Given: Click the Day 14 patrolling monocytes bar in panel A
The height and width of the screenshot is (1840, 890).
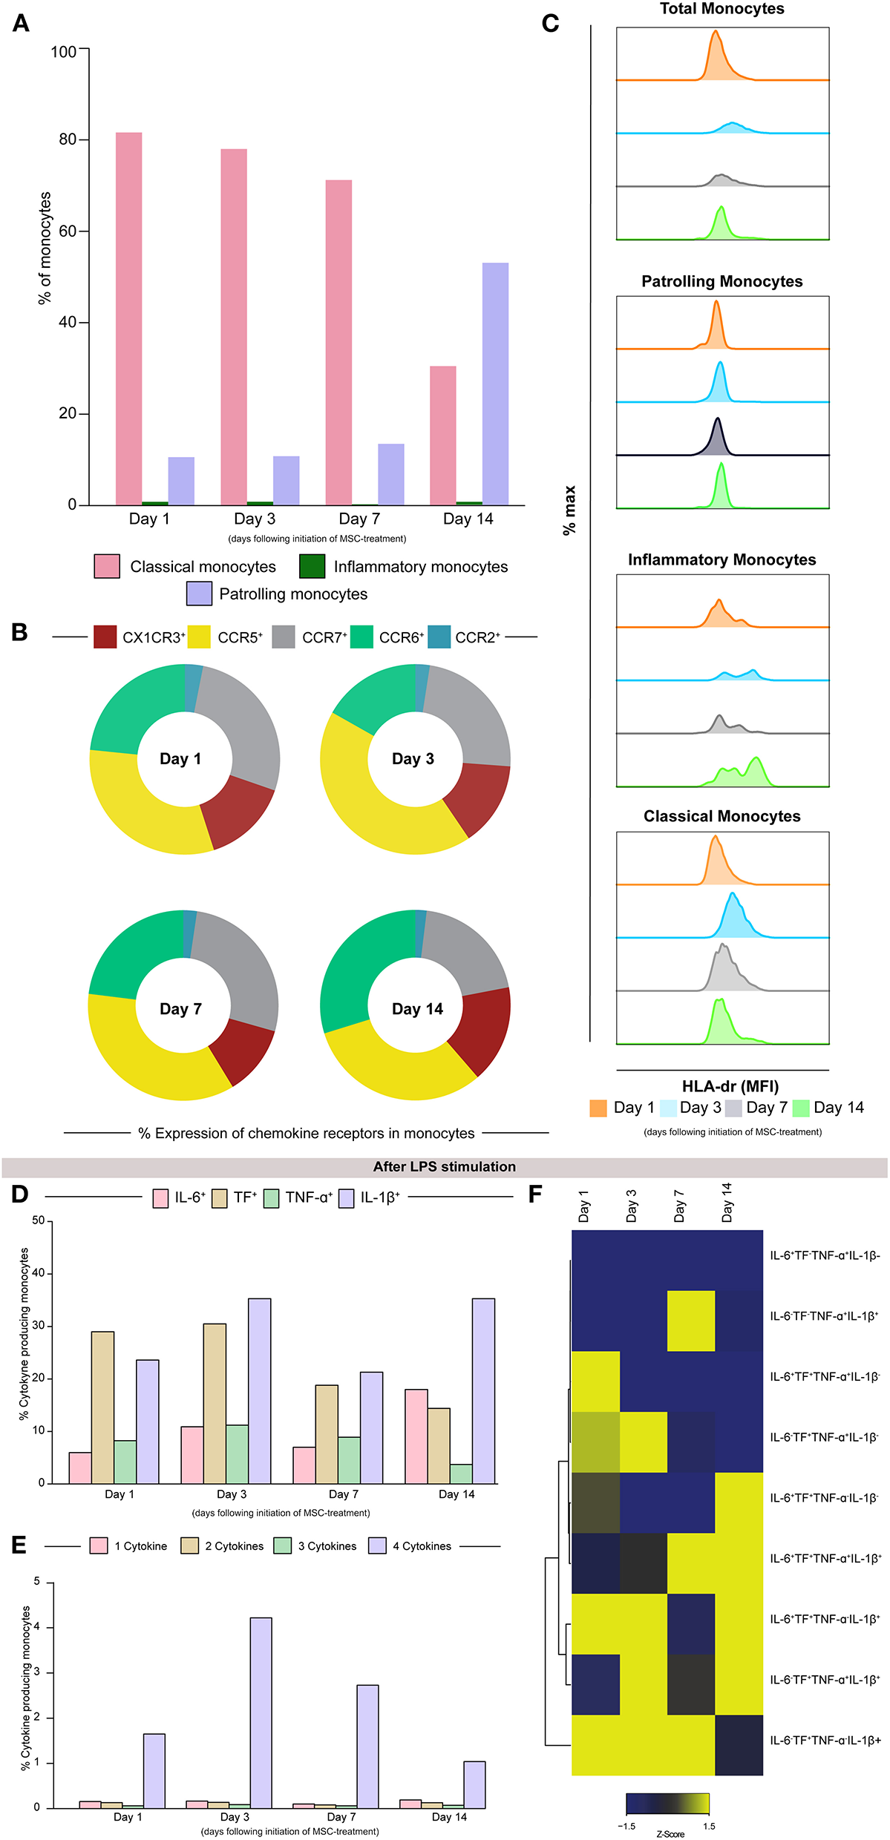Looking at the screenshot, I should point(495,384).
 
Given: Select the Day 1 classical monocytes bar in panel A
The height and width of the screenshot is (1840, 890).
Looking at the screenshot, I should point(128,318).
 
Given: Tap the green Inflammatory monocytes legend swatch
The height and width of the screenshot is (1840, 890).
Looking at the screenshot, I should point(312,566).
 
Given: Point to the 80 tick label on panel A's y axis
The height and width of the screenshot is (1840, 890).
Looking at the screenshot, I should point(68,139).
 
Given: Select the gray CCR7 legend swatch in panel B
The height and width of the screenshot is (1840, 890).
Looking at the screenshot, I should point(283,637).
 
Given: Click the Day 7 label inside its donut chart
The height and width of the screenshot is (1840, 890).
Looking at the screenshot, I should point(180,1009).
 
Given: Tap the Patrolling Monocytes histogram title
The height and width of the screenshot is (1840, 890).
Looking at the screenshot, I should point(722,281).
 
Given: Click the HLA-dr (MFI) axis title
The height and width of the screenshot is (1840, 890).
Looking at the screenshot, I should point(730,1086).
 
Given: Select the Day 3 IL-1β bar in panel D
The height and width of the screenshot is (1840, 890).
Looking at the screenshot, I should point(259,1392).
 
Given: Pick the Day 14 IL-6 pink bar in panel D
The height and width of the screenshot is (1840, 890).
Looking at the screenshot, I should point(416,1437).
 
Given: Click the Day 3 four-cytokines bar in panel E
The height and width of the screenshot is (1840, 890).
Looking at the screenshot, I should point(261,1714).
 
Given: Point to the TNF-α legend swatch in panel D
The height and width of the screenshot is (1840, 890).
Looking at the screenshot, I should point(271,1198).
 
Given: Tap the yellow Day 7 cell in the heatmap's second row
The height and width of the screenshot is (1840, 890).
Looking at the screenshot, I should point(690,1321).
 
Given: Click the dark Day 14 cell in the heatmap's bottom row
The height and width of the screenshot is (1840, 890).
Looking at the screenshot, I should point(739,1745).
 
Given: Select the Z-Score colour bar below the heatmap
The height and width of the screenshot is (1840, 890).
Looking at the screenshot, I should point(667,1804).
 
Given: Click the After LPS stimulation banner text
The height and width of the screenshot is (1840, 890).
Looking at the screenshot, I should point(444,1166).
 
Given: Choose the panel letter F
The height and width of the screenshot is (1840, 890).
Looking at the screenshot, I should point(534,1195).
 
